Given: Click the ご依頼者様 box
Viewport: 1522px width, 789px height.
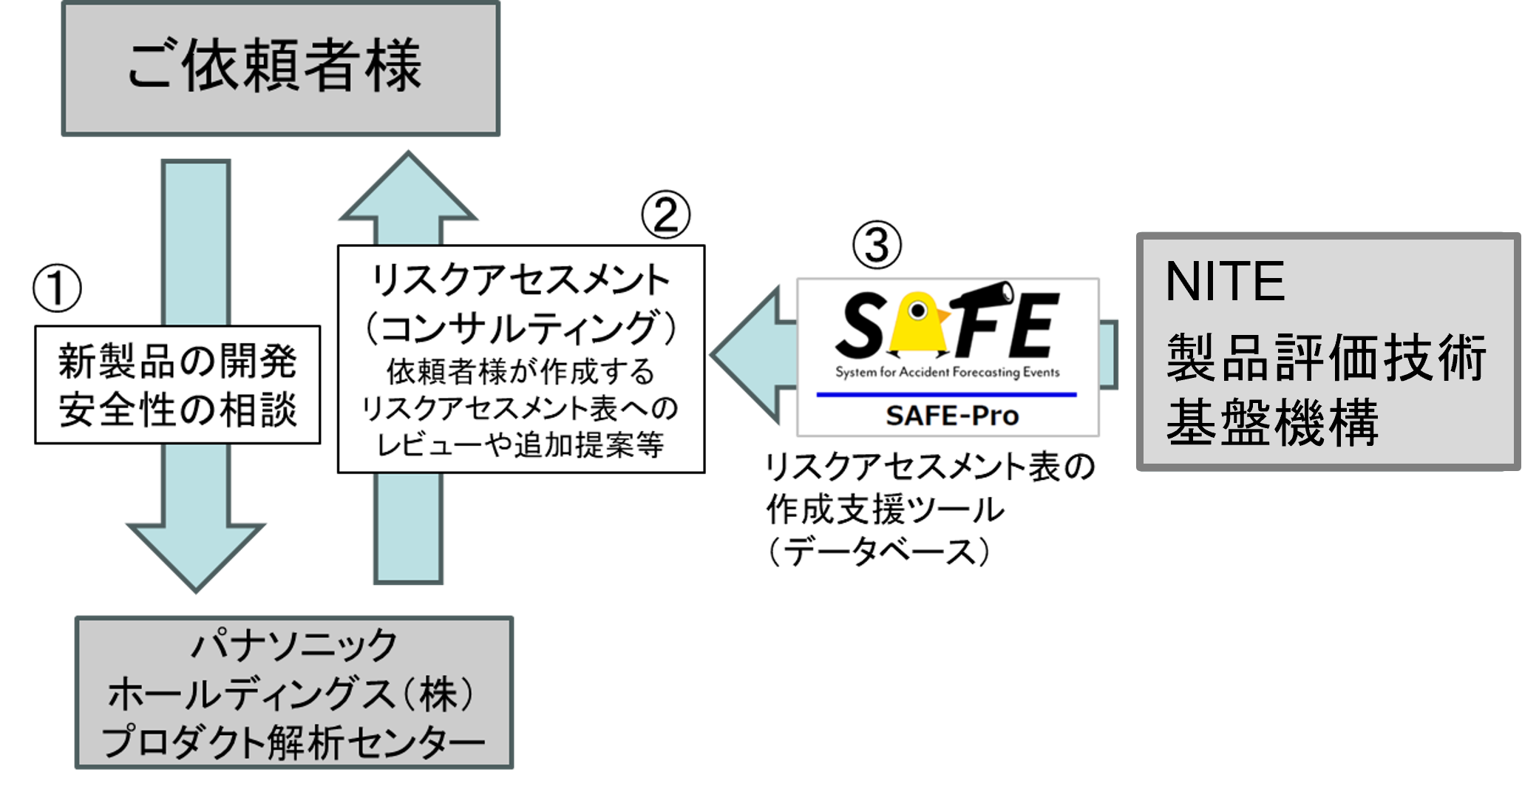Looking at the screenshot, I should (x=280, y=69).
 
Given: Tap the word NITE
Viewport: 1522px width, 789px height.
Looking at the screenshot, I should (x=1225, y=282).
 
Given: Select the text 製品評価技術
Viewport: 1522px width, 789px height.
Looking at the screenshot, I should (x=1326, y=358).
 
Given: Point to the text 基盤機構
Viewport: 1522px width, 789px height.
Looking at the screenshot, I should (x=1272, y=422).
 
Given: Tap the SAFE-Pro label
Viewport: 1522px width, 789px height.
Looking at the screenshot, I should (x=951, y=416).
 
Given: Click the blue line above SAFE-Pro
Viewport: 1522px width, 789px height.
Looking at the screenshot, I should (x=946, y=395).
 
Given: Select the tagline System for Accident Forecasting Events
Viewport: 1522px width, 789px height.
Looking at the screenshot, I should (x=947, y=372).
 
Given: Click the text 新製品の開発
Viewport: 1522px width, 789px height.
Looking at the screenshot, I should (x=177, y=361).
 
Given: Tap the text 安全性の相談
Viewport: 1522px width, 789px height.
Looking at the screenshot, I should (x=177, y=409).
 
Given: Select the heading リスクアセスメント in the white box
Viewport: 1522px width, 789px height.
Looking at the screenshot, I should (x=520, y=280).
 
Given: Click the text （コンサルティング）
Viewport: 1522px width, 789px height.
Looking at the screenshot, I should (x=520, y=328).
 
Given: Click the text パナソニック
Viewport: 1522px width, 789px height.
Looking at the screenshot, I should (x=294, y=645).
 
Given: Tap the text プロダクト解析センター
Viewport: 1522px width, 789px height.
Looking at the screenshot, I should (x=294, y=742).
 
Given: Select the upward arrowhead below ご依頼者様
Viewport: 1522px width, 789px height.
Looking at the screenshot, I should (x=408, y=189).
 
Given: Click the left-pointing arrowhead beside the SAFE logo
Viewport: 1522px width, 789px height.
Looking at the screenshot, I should (x=747, y=355).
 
